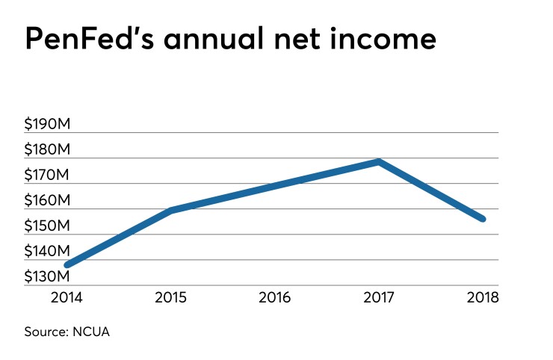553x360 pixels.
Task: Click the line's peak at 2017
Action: [380, 161]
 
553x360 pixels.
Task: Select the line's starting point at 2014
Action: [68, 264]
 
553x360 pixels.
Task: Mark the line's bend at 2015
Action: [172, 211]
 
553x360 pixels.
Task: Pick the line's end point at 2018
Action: [483, 219]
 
